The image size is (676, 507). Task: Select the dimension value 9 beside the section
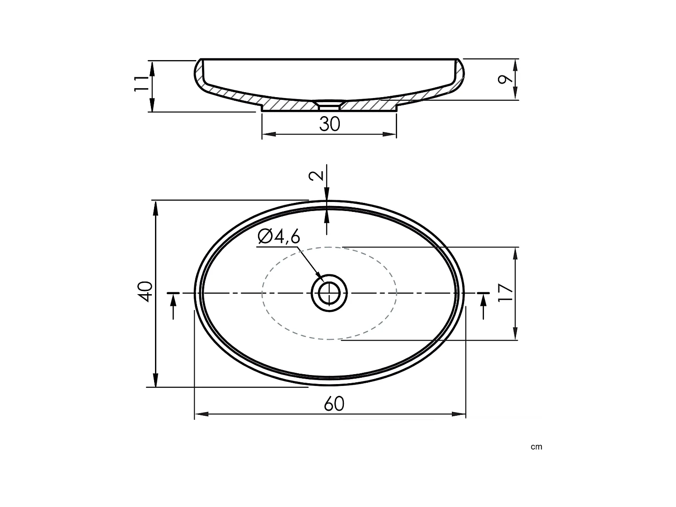pos(505,79)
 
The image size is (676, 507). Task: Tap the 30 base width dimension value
pos(329,124)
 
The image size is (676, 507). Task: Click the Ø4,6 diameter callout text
pos(279,236)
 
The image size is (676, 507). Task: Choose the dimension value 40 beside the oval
pos(146,291)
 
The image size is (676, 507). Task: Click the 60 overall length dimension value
pos(334,404)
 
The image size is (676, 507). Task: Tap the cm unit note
pos(536,447)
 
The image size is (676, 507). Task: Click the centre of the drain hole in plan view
pos(329,293)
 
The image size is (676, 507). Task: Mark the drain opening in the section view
pos(329,106)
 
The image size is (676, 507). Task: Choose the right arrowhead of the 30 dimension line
pos(390,133)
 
